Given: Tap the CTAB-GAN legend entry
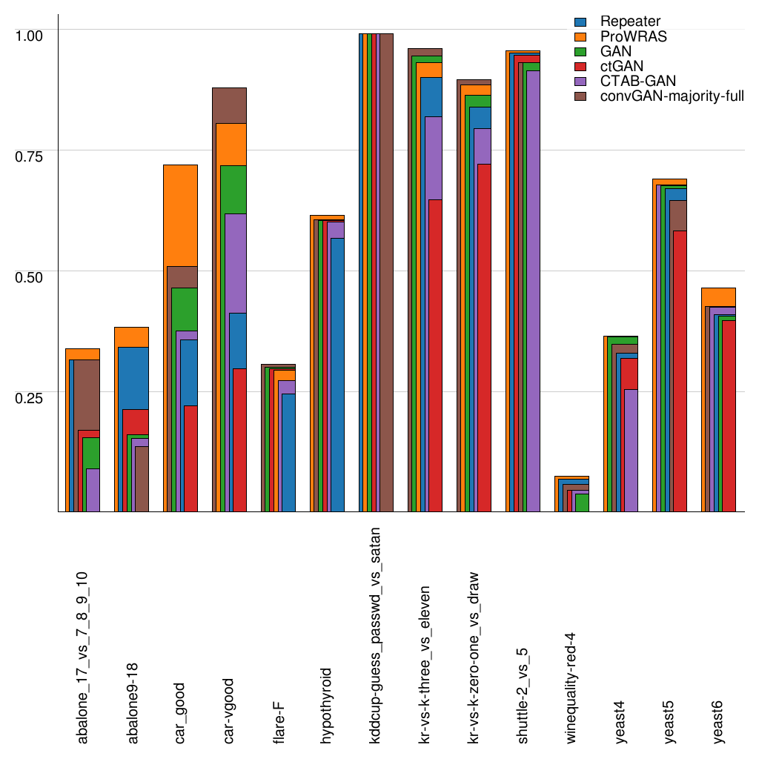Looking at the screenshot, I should (638, 81).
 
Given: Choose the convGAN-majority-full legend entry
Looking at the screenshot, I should (672, 96).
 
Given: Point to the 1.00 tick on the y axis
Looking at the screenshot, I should (30, 34).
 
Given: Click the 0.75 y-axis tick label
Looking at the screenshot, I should (30, 155).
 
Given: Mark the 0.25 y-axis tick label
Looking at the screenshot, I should (30, 397).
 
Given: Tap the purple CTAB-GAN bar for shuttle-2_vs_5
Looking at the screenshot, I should (532, 296).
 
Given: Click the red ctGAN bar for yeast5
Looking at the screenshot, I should (678, 371).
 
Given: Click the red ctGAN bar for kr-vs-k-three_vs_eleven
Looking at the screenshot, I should (435, 356).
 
